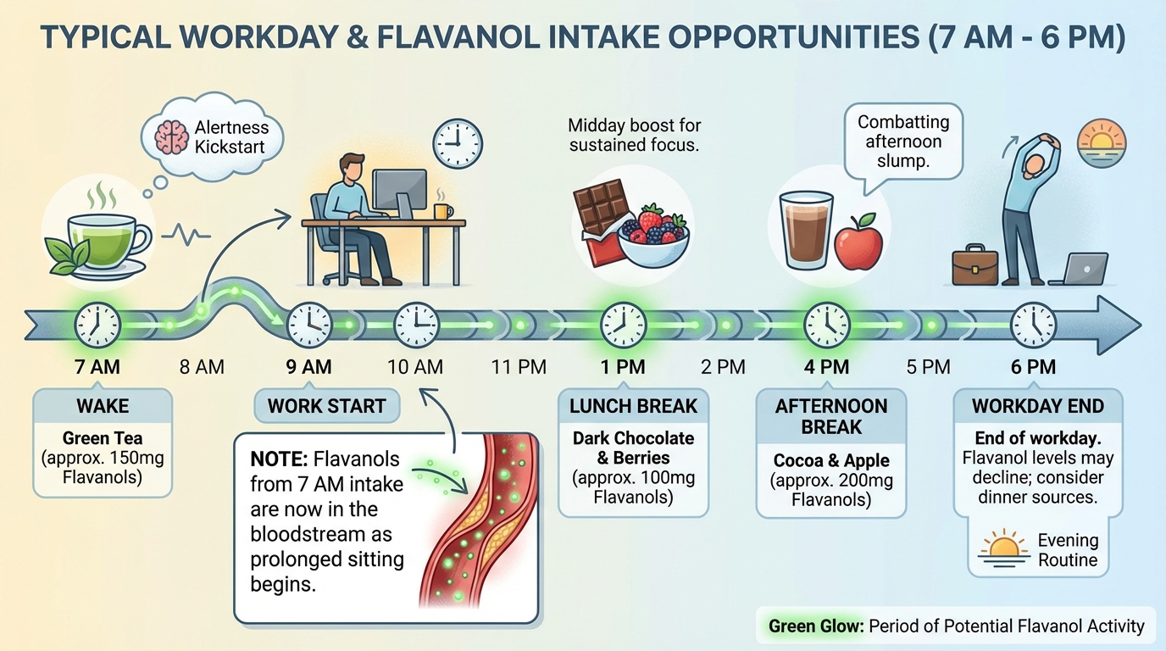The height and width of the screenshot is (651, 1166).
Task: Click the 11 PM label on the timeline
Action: pos(519,367)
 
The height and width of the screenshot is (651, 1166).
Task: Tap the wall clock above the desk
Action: pos(457,142)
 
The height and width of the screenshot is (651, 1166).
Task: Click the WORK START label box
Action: pos(327,406)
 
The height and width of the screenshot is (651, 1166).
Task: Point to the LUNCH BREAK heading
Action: pos(633,406)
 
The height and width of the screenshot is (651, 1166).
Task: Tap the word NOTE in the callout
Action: pos(278,460)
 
